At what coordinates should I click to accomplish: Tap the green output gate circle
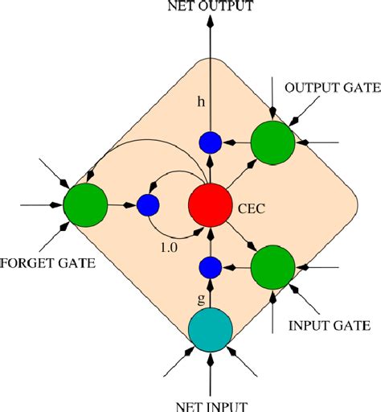[x=272, y=142]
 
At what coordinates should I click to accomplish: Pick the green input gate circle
[x=272, y=267]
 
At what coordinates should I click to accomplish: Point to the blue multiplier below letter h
[x=210, y=142]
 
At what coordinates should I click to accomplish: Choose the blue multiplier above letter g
[x=210, y=267]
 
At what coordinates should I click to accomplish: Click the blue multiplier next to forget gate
[x=147, y=205]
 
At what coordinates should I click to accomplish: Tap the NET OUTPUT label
[x=210, y=7]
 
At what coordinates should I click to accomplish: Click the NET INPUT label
[x=210, y=403]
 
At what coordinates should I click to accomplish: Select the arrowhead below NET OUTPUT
[x=210, y=23]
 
